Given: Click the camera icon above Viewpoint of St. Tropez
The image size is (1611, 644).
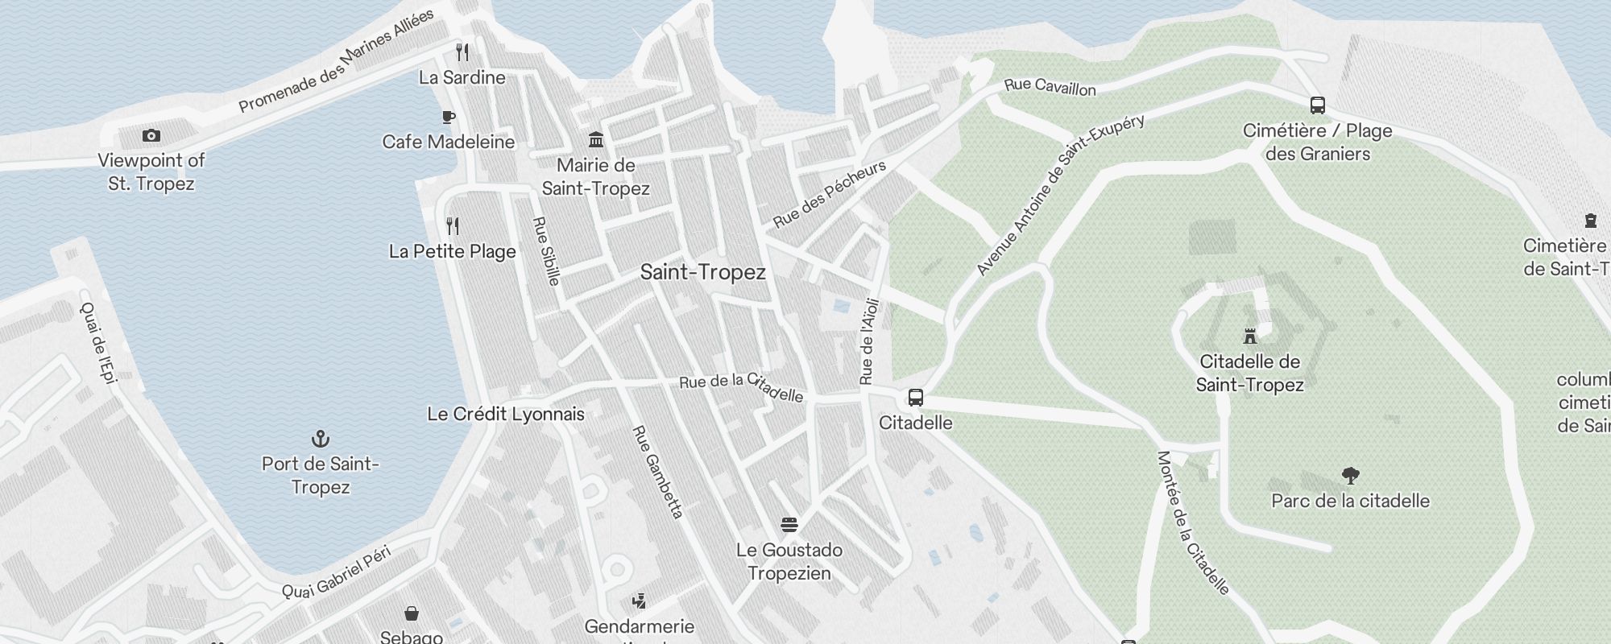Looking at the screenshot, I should (x=151, y=136).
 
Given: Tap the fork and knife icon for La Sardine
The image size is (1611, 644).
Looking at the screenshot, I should (x=462, y=52).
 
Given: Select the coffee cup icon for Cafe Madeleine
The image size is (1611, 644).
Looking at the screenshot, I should (x=449, y=118).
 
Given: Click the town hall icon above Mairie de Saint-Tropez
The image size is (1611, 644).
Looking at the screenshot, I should (x=596, y=140).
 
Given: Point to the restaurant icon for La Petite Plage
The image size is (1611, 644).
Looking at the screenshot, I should (x=453, y=226).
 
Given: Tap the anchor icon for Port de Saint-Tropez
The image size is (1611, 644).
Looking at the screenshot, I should (x=321, y=439).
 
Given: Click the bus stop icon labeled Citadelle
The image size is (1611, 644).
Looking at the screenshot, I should (x=916, y=398).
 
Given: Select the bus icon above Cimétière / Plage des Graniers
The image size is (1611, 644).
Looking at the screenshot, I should (x=1318, y=105).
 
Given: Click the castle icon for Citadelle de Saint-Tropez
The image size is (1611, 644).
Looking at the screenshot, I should (x=1250, y=336).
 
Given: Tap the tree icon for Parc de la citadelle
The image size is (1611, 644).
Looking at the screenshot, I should (x=1351, y=476).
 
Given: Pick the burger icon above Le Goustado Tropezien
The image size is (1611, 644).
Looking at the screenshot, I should (x=789, y=525).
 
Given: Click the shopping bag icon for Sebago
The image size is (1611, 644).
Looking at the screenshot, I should (x=412, y=614).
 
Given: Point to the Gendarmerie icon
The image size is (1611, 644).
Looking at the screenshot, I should (x=640, y=601).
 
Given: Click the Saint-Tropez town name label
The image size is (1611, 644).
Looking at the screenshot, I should (x=702, y=272).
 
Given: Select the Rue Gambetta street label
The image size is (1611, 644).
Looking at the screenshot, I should (x=658, y=472).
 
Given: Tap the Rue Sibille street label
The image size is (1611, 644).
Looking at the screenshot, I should (x=546, y=250).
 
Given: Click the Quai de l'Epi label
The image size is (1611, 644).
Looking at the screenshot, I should (x=99, y=342).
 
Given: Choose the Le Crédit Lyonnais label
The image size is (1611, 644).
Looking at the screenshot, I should (x=506, y=414).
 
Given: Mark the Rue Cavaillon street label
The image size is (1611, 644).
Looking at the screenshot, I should (x=1050, y=86).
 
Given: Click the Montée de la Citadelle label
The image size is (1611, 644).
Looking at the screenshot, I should (x=1193, y=522).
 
